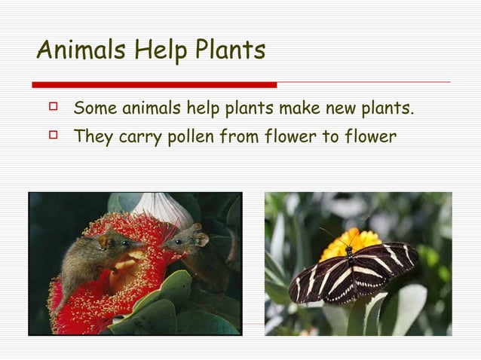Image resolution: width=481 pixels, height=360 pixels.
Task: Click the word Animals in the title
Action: [81, 50]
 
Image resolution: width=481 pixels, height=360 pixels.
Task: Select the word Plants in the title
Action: [230, 50]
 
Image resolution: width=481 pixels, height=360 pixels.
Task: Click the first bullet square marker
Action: [53, 108]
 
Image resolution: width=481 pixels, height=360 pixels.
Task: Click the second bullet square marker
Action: [53, 136]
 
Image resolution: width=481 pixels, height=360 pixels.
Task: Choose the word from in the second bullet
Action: [238, 137]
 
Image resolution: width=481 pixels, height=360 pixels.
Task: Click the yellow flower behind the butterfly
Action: [351, 241]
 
